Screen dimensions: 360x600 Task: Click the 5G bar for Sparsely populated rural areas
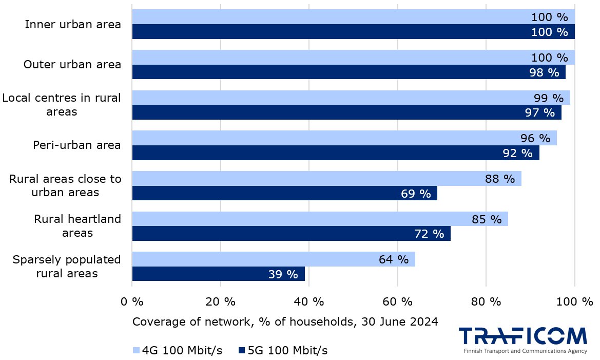[x=218, y=274]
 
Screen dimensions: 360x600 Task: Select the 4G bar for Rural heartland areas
[x=319, y=219]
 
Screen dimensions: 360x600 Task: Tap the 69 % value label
[x=415, y=194]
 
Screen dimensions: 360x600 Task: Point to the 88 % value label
[x=499, y=179]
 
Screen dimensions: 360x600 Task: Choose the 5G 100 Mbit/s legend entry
[x=283, y=351]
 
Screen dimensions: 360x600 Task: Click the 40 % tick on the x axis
[x=309, y=302]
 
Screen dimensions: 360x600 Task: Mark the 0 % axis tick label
[x=132, y=302]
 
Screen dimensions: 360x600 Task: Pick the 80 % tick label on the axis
[x=486, y=302]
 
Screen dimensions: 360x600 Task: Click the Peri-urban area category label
[x=76, y=145]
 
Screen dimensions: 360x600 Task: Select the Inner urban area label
[x=73, y=24]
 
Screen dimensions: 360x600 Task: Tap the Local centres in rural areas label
[x=62, y=105]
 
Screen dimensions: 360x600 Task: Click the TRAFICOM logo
[x=522, y=336]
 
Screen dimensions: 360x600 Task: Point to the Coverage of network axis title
[x=285, y=322]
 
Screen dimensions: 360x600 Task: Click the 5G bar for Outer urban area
[x=349, y=72]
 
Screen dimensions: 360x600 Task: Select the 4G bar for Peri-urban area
[x=344, y=138]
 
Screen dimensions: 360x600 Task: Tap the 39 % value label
[x=283, y=274]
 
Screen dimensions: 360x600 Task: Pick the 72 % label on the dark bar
[x=429, y=234]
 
